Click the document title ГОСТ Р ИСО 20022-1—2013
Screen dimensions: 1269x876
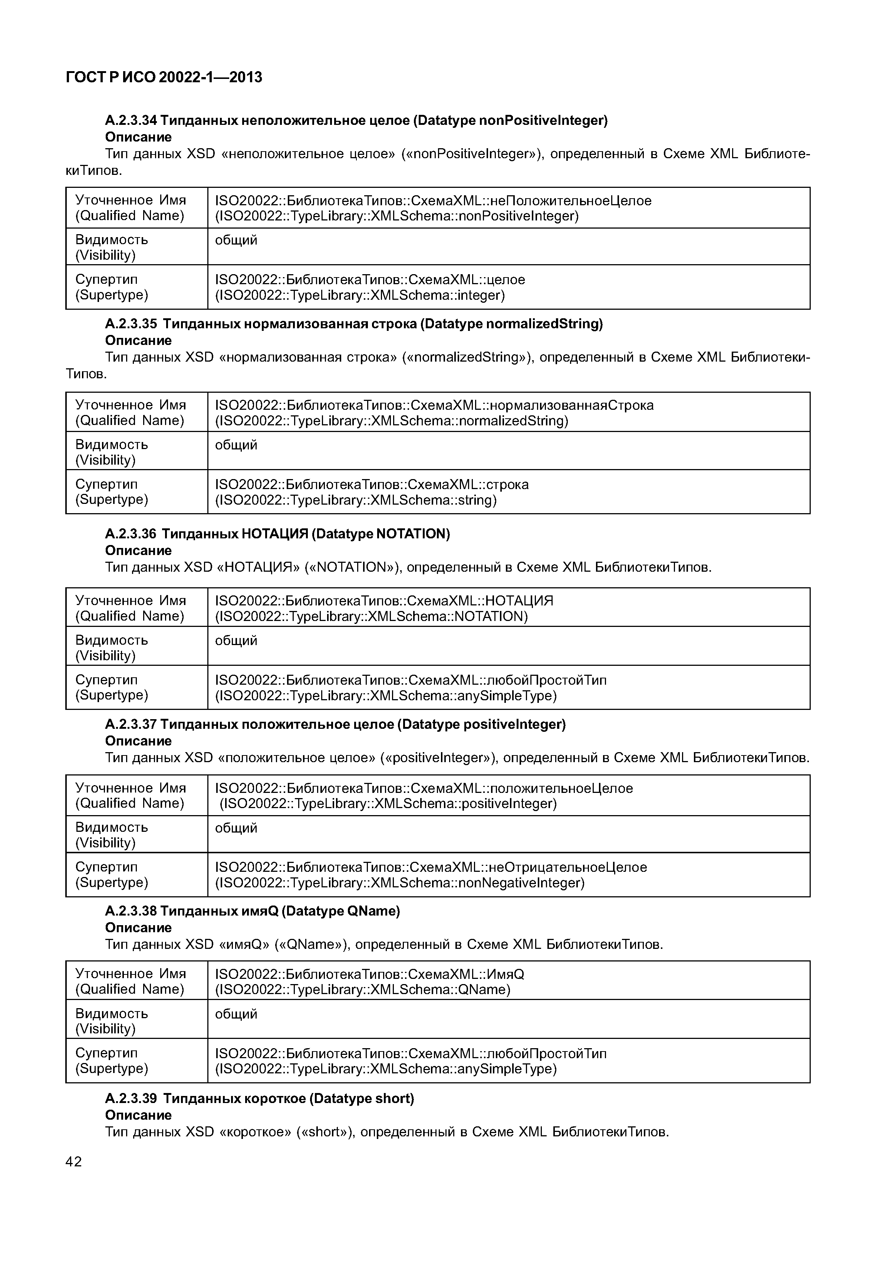pyautogui.click(x=164, y=77)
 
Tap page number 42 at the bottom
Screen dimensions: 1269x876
pyautogui.click(x=73, y=1162)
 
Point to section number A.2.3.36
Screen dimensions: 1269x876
pyautogui.click(x=131, y=534)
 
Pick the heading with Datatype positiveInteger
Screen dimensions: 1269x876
pyautogui.click(x=335, y=724)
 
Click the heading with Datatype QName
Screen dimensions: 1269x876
pyautogui.click(x=253, y=911)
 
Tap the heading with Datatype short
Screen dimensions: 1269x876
pyautogui.click(x=259, y=1099)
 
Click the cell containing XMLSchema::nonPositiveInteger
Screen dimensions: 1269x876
pyautogui.click(x=508, y=208)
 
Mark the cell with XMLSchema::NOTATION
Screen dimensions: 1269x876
pyautogui.click(x=508, y=608)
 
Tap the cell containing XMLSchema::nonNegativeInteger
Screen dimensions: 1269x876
pyautogui.click(x=508, y=875)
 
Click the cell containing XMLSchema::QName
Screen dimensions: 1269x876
pyautogui.click(x=508, y=981)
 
